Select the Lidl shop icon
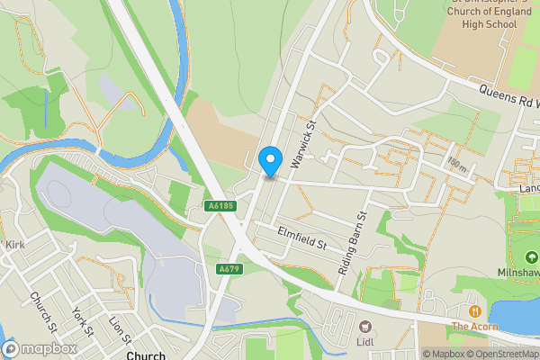365,327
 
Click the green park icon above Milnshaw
520,252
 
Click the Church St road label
43,310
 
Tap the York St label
83,321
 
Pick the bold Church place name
146,355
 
